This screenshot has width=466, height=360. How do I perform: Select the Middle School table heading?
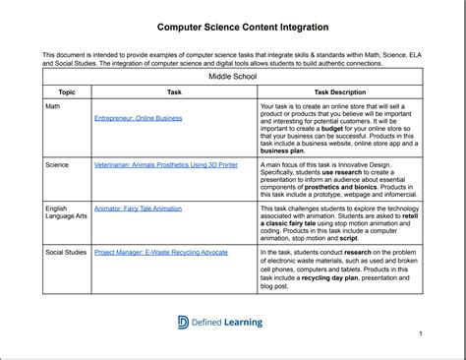pyautogui.click(x=233, y=76)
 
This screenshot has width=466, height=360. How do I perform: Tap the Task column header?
pyautogui.click(x=174, y=90)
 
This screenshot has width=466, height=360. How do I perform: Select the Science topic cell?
pyautogui.click(x=58, y=165)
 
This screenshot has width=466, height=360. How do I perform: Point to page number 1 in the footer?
pyautogui.click(x=420, y=334)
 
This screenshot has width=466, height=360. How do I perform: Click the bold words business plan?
pyautogui.click(x=283, y=150)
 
